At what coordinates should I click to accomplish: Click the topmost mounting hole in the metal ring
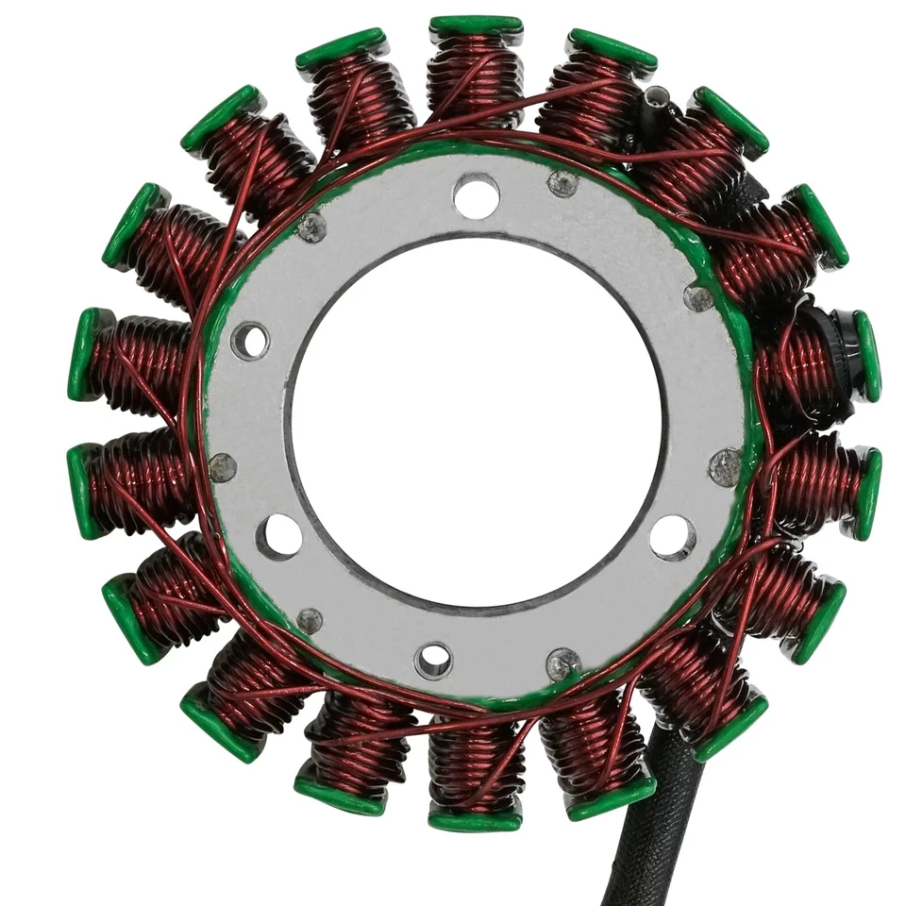click(x=476, y=196)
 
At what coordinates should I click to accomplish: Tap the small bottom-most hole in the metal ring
click(x=433, y=661)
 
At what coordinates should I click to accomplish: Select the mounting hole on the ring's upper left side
click(x=249, y=341)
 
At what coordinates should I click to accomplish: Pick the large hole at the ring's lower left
click(x=279, y=536)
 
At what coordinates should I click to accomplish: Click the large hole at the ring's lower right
click(x=673, y=537)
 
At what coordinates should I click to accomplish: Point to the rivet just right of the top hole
click(x=563, y=183)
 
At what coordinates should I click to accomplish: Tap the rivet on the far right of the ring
click(x=725, y=467)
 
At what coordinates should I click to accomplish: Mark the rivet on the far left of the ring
click(x=223, y=467)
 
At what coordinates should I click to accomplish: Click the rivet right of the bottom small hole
click(x=563, y=664)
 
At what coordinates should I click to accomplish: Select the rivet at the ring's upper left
click(x=311, y=226)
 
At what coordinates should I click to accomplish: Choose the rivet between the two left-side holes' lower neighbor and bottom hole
click(x=309, y=620)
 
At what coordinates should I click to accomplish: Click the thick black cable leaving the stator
click(x=651, y=830)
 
